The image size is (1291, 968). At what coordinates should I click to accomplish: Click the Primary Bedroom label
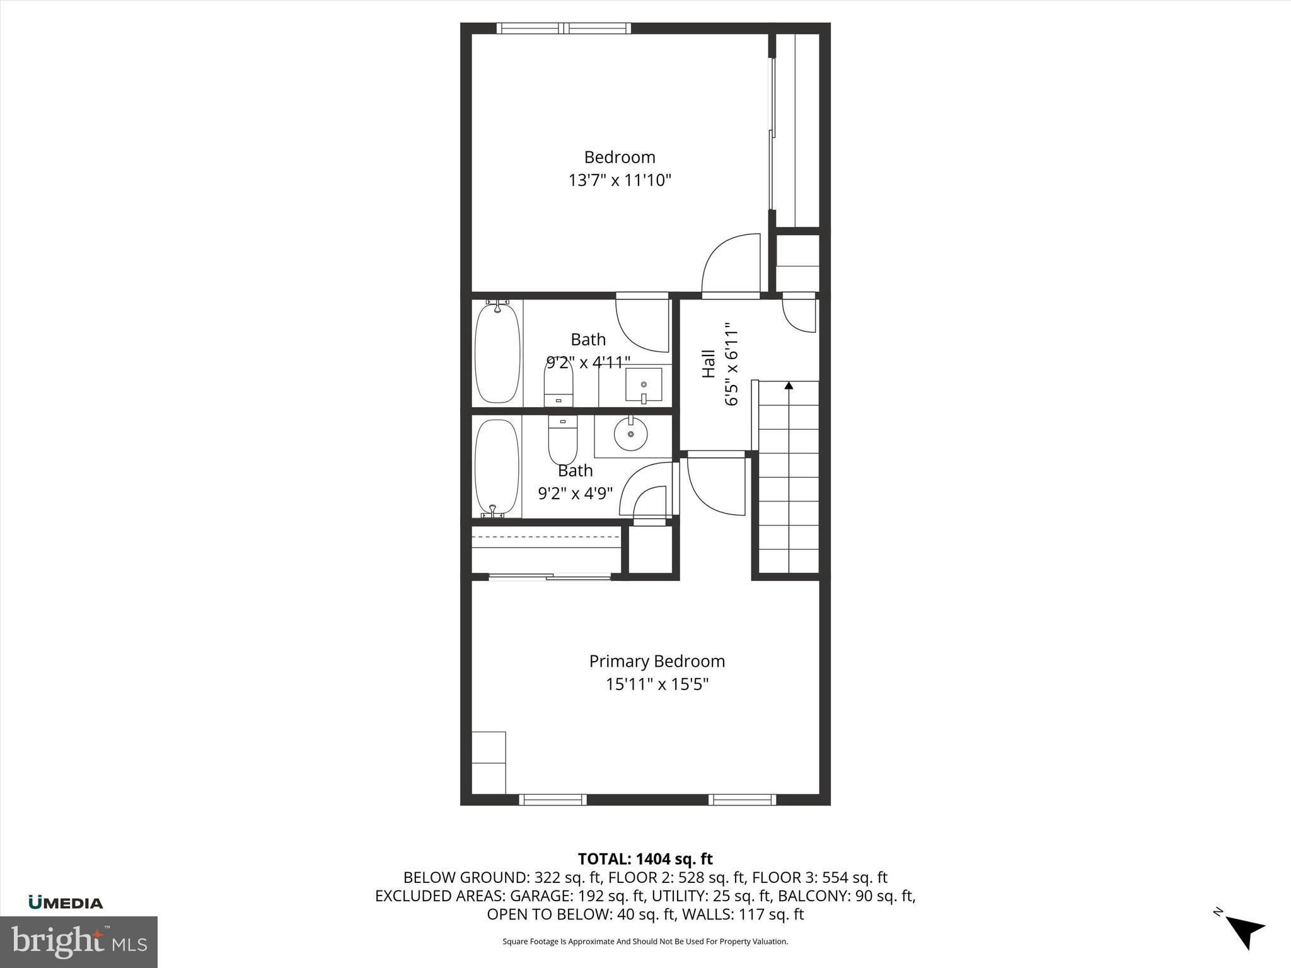(x=657, y=661)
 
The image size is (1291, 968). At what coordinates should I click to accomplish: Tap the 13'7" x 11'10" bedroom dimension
(x=620, y=181)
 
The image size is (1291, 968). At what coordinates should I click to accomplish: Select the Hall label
(x=709, y=364)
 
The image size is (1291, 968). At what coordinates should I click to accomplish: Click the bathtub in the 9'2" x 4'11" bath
(x=497, y=353)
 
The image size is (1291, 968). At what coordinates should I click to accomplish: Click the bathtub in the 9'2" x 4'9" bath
(x=497, y=467)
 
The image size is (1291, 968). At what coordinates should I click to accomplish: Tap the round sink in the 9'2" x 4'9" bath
(x=631, y=434)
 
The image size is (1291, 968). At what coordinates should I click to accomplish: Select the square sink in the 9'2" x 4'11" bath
(x=644, y=384)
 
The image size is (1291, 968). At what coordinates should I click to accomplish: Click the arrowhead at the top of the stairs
(x=789, y=385)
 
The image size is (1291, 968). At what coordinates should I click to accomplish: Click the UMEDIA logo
(x=66, y=903)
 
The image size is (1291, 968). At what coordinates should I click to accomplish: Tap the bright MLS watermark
(x=79, y=942)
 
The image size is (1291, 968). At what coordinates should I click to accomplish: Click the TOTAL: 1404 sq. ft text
(x=645, y=859)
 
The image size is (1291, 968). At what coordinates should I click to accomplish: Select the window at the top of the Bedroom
(x=564, y=28)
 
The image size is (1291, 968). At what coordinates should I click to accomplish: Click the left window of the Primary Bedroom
(x=553, y=800)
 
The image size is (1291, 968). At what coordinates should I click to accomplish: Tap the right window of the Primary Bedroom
(x=742, y=800)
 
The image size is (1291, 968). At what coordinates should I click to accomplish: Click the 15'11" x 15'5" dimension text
(x=657, y=684)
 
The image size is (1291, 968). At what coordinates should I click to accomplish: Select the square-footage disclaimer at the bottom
(x=645, y=942)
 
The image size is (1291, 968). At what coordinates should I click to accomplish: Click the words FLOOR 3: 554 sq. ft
(x=819, y=877)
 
